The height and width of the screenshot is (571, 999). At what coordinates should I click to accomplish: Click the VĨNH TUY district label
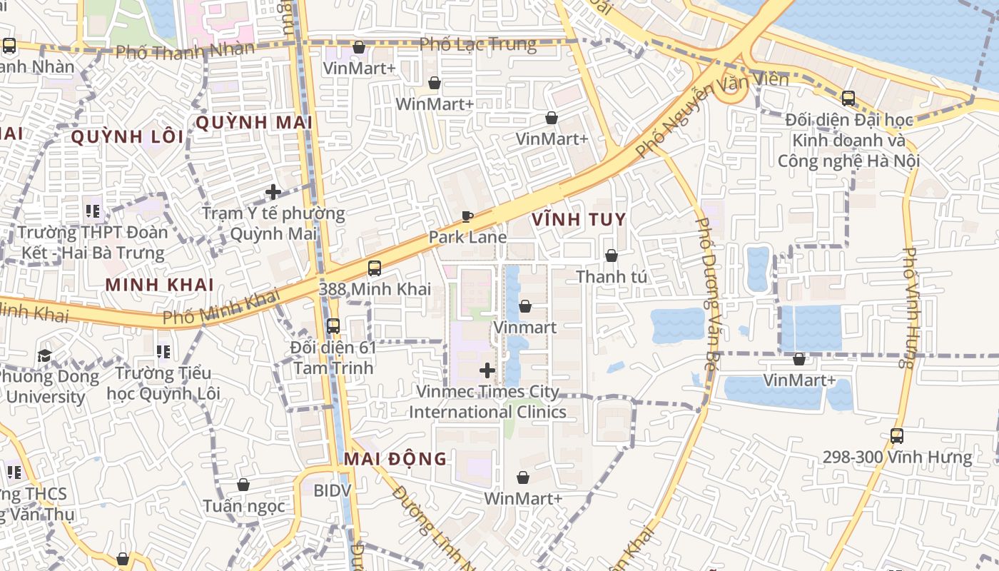(579, 220)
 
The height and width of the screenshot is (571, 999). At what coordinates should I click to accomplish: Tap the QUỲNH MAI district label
(254, 123)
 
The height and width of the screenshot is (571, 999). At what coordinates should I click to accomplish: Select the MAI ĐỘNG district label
(395, 459)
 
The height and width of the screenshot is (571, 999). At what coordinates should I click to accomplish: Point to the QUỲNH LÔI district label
(127, 137)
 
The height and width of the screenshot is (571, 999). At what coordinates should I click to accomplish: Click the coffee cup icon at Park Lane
(467, 217)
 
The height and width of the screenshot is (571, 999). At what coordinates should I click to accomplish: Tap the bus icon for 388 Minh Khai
(375, 269)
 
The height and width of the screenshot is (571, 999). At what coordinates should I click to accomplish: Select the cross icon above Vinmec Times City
(487, 370)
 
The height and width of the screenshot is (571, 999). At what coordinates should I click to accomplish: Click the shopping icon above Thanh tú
(612, 256)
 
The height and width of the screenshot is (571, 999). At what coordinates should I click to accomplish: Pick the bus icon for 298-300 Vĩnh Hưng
(897, 436)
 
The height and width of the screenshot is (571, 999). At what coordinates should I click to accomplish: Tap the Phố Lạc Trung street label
(477, 44)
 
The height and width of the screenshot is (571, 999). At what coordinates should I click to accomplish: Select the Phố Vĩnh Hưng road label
(909, 307)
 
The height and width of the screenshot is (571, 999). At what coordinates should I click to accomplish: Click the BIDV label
(333, 490)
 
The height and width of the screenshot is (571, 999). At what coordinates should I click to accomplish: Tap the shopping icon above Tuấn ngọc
(243, 485)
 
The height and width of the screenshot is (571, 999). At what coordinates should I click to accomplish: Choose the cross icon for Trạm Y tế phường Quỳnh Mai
(273, 192)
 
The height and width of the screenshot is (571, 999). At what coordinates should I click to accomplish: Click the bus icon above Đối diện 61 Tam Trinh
(333, 326)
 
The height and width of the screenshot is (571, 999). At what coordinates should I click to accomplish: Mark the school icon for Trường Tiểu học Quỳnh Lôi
(163, 353)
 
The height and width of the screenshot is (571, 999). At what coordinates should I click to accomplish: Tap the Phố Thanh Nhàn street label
(185, 51)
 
